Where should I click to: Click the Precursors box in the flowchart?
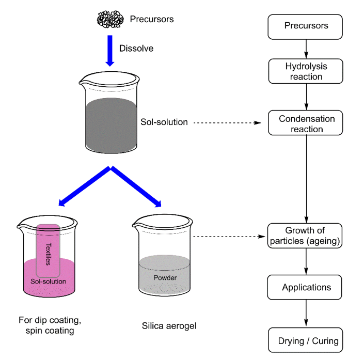306,26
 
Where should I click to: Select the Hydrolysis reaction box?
306,71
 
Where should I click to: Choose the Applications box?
306,287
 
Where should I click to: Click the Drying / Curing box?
308,340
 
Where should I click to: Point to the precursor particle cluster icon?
110,20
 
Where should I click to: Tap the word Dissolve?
136,49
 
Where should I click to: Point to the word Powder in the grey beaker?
165,278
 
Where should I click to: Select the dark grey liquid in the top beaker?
109,124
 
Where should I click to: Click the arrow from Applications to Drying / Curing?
307,313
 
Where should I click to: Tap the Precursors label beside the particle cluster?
151,20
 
